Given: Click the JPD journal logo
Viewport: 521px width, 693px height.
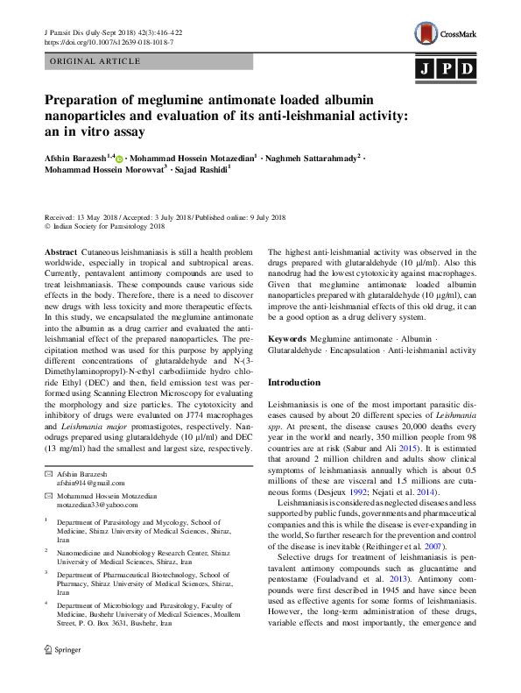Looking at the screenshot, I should tap(445, 69).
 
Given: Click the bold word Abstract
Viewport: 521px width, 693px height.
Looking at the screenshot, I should tap(60, 251).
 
